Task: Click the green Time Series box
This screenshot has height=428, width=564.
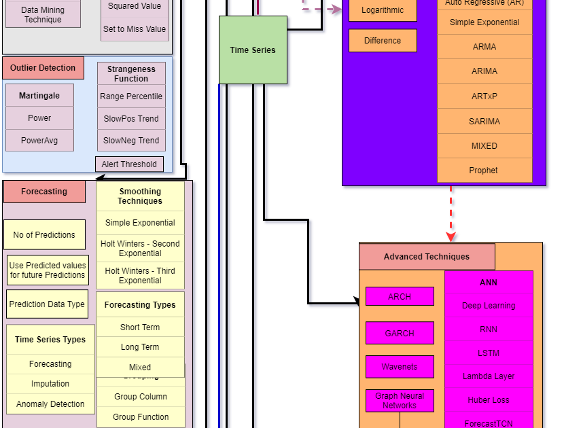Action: pyautogui.click(x=253, y=50)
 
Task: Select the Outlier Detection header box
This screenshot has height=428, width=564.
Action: pyautogui.click(x=43, y=68)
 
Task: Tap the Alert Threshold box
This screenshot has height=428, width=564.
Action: pyautogui.click(x=129, y=164)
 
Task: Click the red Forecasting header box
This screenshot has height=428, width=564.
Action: pyautogui.click(x=44, y=192)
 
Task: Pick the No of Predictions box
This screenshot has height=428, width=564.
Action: pyautogui.click(x=44, y=234)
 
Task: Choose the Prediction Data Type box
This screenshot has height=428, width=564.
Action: pyautogui.click(x=47, y=304)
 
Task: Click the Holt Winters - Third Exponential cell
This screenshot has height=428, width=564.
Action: pyautogui.click(x=140, y=275)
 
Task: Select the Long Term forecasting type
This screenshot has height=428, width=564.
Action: pyautogui.click(x=140, y=346)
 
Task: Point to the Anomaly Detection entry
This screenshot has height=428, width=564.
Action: pyautogui.click(x=50, y=404)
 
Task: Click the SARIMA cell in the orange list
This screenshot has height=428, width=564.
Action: pyautogui.click(x=484, y=121)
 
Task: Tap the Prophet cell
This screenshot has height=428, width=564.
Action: pyautogui.click(x=484, y=170)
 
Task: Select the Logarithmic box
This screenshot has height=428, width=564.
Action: pyautogui.click(x=383, y=10)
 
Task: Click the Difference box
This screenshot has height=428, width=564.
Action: pyautogui.click(x=383, y=40)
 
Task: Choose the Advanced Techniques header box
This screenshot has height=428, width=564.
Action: pyautogui.click(x=427, y=257)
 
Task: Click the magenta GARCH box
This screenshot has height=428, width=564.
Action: pyautogui.click(x=400, y=333)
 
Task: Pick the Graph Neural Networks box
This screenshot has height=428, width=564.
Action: pyautogui.click(x=400, y=400)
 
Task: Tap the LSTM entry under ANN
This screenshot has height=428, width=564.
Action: pyautogui.click(x=489, y=353)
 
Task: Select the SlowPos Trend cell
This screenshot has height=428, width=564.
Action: pyautogui.click(x=131, y=118)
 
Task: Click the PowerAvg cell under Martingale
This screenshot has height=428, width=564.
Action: pyautogui.click(x=39, y=140)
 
